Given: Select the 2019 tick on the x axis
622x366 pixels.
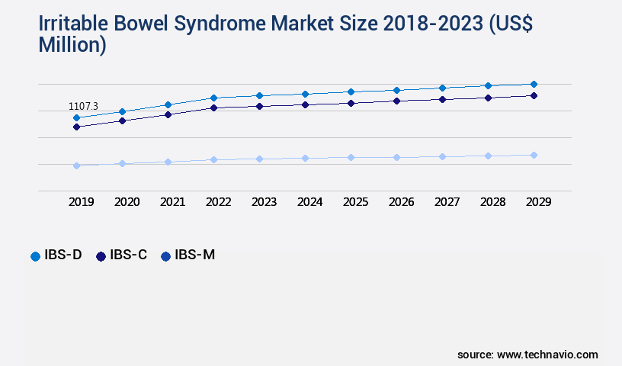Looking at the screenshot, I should point(82,202).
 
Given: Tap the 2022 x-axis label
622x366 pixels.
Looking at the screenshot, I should point(219,202).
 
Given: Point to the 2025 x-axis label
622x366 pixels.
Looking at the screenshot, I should point(356,202).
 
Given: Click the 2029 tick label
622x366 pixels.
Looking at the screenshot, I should point(538,202).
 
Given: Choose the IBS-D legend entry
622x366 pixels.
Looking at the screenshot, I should point(56,255).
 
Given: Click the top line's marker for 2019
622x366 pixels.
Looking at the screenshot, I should point(76,117).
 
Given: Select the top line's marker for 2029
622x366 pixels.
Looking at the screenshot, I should point(534,84).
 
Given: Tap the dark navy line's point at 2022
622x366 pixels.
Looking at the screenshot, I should point(213,108).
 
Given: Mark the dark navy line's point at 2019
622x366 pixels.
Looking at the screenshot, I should point(76,127).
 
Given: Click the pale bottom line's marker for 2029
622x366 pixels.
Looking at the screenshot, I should point(534,155).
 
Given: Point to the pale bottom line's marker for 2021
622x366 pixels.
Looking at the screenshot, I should point(168,162).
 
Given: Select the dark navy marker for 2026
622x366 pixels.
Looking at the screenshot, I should point(396,101).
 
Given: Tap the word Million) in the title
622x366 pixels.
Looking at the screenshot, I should point(72,45).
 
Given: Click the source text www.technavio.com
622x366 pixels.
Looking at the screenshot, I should point(547,355).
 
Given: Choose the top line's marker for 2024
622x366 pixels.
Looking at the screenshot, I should point(305,94).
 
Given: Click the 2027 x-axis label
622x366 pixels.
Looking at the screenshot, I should point(447,202).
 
